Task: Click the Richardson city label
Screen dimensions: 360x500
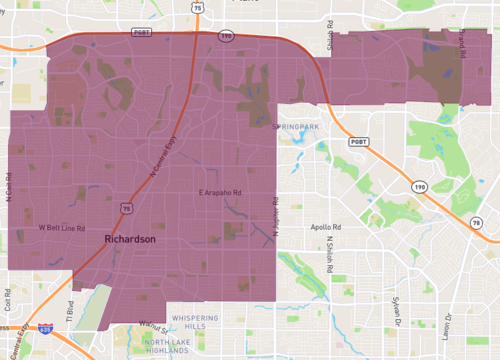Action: pyautogui.click(x=130, y=241)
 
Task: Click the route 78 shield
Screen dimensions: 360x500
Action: pyautogui.click(x=476, y=223)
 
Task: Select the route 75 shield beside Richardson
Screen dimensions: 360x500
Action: pyautogui.click(x=125, y=207)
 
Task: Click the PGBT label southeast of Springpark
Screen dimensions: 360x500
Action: pyautogui.click(x=357, y=141)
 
